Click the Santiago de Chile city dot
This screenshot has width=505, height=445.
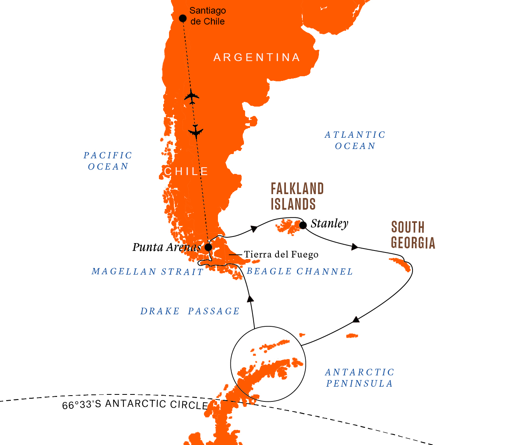coord(183,18)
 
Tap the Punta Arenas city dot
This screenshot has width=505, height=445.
coord(208,247)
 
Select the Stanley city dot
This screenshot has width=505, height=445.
coord(303,225)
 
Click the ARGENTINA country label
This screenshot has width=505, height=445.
coord(257,58)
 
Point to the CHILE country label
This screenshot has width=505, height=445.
coord(186,172)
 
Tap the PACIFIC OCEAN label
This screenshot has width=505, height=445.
coord(108,161)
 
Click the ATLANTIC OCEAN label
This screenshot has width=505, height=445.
coord(355,140)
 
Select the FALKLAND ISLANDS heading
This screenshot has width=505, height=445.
coord(297,196)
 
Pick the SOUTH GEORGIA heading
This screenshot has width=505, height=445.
coord(413,235)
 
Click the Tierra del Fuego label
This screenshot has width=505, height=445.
coord(281,255)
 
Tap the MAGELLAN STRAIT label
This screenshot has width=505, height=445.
coord(148,272)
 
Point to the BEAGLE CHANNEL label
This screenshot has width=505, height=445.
coord(300,272)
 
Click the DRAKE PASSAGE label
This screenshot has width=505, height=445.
coord(190,311)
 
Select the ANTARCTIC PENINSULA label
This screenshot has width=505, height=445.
coord(360,378)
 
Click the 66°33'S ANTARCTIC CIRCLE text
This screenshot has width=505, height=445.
coord(135,405)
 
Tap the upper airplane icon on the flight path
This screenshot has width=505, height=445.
coord(192,96)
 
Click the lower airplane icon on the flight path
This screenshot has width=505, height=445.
coord(195,131)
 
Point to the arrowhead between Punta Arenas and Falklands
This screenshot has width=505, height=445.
coord(254,228)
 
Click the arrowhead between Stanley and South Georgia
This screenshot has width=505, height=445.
coord(354,247)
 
